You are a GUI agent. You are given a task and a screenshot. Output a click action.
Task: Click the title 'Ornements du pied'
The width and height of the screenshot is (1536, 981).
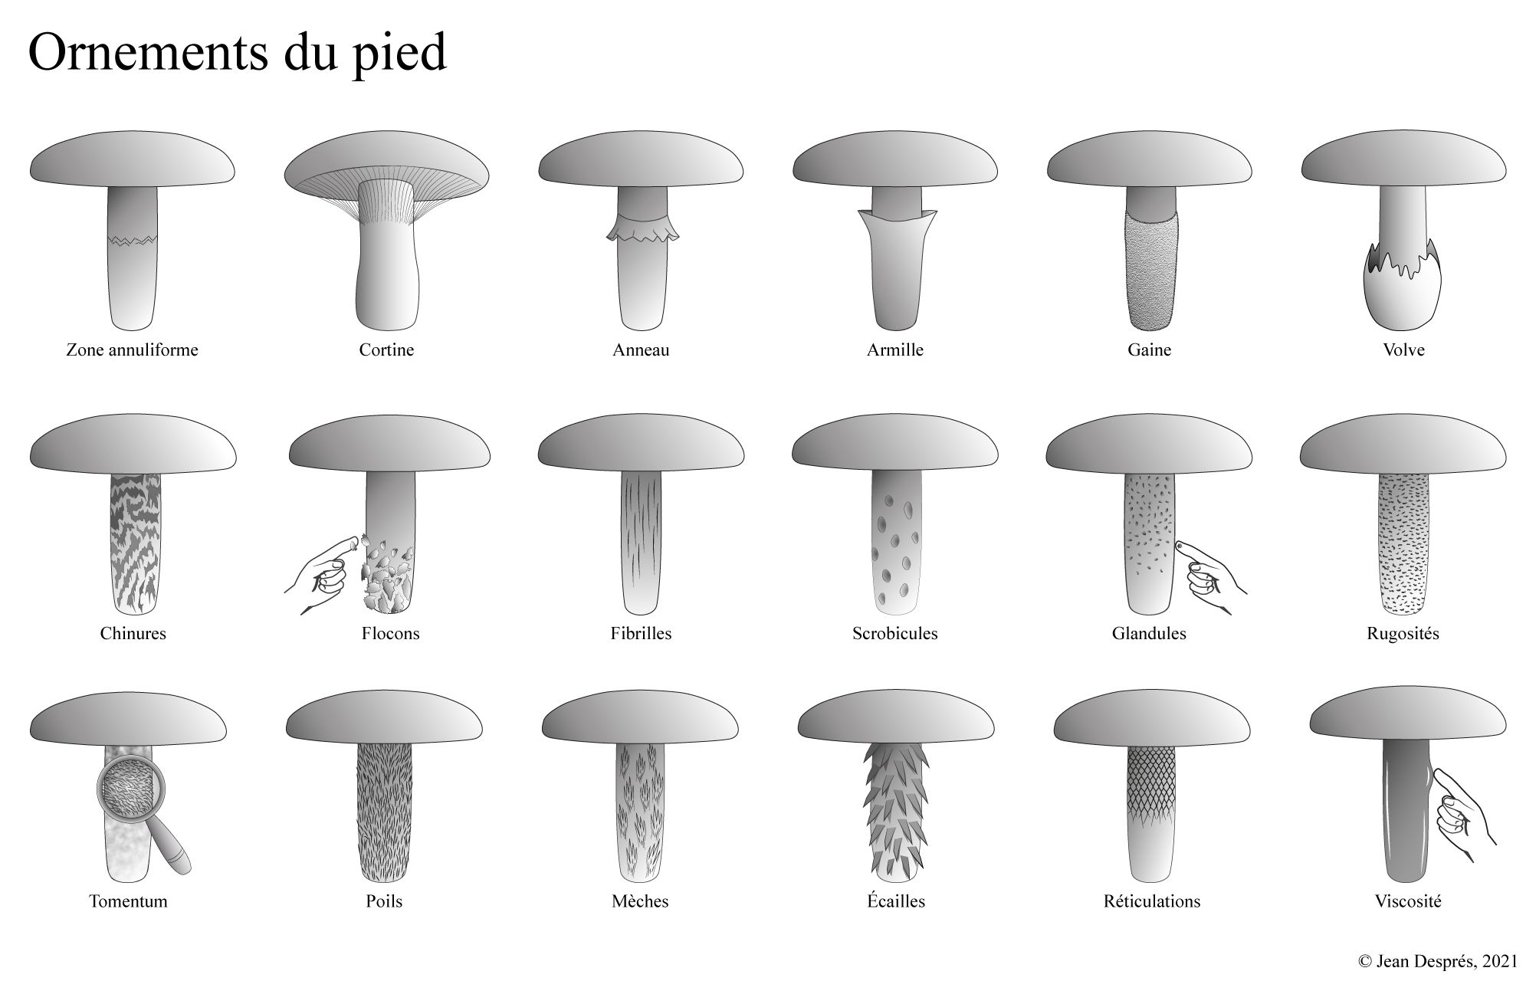point(238,54)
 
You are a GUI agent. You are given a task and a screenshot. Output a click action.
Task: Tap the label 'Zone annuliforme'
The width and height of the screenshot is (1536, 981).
point(132,350)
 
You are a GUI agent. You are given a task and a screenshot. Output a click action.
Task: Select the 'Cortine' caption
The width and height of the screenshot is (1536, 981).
point(386,350)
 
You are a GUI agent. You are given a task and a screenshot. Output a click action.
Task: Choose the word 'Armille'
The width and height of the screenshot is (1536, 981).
point(895,350)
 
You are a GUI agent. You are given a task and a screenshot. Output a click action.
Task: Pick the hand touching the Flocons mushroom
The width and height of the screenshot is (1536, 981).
point(322,575)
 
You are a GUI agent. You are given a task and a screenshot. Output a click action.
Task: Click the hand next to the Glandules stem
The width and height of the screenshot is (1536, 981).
point(1209,575)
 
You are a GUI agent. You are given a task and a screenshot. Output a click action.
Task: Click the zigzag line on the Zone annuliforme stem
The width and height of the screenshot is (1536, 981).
point(132,241)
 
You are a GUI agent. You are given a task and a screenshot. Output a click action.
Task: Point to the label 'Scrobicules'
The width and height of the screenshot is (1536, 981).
point(895,634)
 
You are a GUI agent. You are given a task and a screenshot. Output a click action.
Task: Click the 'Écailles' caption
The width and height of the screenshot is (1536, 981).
point(896,901)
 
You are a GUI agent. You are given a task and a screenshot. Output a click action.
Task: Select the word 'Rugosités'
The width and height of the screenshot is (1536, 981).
point(1403,635)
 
